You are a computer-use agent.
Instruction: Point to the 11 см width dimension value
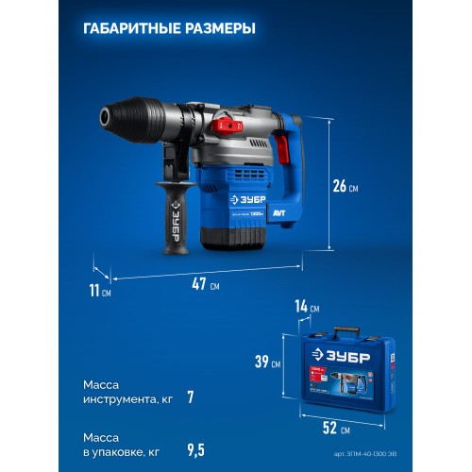pyautogui.click(x=99, y=291)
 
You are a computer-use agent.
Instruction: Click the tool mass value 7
pyautogui.click(x=190, y=397)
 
